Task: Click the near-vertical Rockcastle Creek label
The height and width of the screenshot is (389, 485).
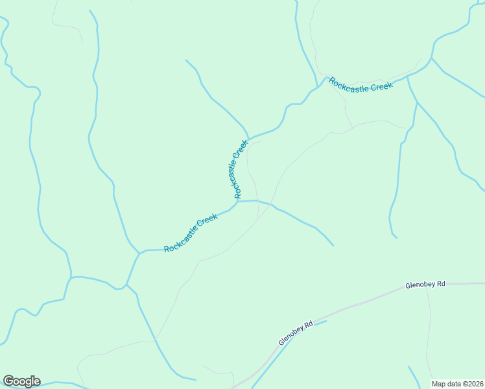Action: [237, 169]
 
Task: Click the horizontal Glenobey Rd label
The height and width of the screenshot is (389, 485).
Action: [425, 284]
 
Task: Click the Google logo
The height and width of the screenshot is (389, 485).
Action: [21, 381]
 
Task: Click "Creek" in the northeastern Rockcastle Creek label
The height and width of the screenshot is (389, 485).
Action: [381, 87]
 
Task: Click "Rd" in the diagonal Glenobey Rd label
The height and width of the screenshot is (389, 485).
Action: [309, 324]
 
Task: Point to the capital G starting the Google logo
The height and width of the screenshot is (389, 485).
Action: [8, 381]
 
